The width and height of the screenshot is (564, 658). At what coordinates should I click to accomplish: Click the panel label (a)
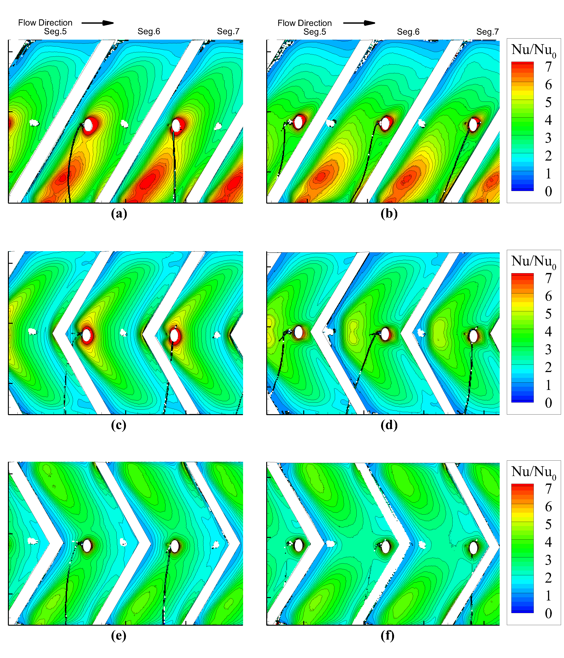pyautogui.click(x=119, y=213)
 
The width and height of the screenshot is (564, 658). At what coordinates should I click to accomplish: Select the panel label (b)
pyautogui.click(x=389, y=213)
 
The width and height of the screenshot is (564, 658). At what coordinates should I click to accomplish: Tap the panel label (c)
pyautogui.click(x=118, y=425)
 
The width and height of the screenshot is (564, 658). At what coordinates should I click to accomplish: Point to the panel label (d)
pyautogui.click(x=389, y=425)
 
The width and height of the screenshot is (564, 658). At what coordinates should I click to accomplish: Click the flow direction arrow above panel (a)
pyautogui.click(x=98, y=23)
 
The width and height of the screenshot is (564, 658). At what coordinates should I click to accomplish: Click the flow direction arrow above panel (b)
pyautogui.click(x=359, y=23)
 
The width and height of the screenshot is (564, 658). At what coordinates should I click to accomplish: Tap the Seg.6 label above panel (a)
pyautogui.click(x=149, y=31)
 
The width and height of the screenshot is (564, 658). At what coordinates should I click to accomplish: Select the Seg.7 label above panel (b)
pyautogui.click(x=487, y=32)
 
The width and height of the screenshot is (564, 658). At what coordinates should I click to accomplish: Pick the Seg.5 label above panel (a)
pyautogui.click(x=55, y=31)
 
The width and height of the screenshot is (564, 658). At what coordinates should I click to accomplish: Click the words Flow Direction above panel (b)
pyautogui.click(x=305, y=23)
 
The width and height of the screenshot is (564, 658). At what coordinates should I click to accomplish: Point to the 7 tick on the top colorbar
pyautogui.click(x=548, y=67)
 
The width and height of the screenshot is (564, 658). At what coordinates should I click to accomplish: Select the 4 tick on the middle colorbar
pyautogui.click(x=548, y=332)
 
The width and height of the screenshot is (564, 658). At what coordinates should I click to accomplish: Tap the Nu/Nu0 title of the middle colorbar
pyautogui.click(x=534, y=261)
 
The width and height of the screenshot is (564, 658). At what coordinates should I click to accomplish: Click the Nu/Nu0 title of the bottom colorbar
pyautogui.click(x=534, y=472)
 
